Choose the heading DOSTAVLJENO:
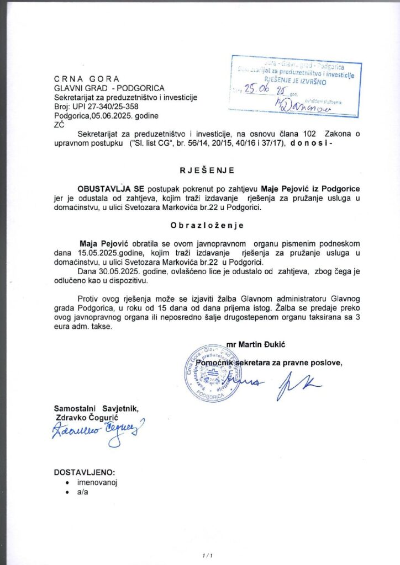85,472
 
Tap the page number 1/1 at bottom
207,555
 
